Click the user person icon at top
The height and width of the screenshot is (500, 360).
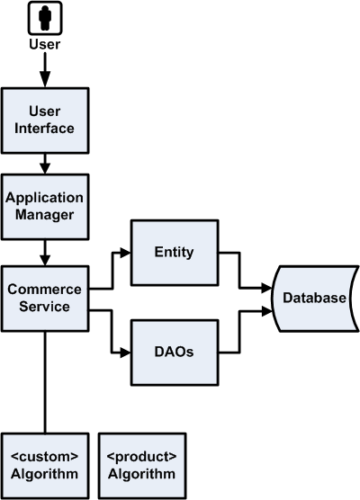[44, 17]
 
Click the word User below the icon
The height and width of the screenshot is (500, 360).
[44, 43]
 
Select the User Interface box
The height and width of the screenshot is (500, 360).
[44, 120]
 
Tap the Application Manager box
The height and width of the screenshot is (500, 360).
[44, 207]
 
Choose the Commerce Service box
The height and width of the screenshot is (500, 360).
[44, 297]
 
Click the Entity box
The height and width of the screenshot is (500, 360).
[174, 253]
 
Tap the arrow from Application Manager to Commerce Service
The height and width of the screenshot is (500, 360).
[44, 252]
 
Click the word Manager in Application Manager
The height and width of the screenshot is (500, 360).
[44, 215]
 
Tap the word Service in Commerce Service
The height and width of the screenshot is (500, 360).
[44, 306]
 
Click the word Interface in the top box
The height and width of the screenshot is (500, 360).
[44, 128]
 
